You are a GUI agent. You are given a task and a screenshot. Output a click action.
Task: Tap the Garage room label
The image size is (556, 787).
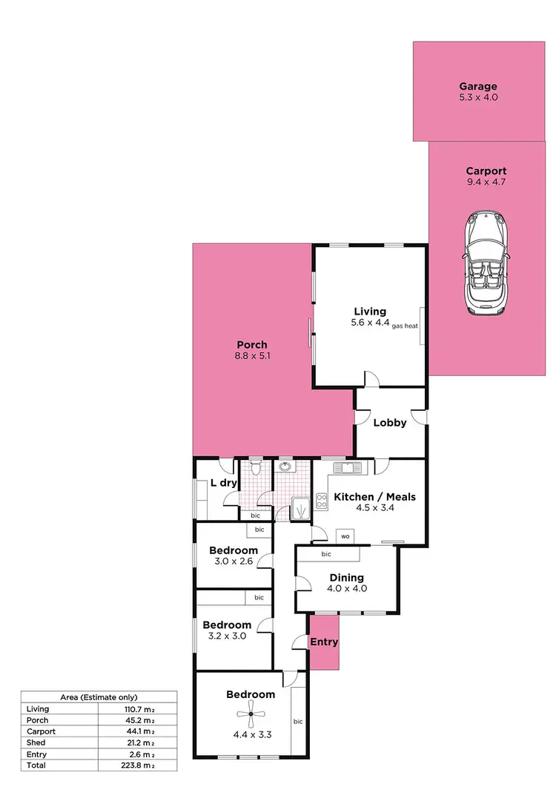pyautogui.click(x=477, y=86)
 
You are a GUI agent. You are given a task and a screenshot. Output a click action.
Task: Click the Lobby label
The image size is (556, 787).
pyautogui.click(x=389, y=423)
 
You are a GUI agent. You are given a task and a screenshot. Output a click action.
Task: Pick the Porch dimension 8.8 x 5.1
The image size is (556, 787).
pyautogui.click(x=251, y=356)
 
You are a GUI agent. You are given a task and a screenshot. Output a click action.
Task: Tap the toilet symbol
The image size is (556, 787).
pyautogui.click(x=256, y=468)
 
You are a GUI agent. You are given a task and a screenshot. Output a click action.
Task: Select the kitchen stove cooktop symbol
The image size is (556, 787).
pyautogui.click(x=322, y=501)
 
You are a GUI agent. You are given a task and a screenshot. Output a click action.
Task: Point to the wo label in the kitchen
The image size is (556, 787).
pyautogui.click(x=345, y=536)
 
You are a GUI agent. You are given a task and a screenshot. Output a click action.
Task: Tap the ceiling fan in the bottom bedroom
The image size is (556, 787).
pyautogui.click(x=251, y=717)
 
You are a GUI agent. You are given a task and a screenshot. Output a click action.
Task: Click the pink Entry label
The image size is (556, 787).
pyautogui.click(x=324, y=642)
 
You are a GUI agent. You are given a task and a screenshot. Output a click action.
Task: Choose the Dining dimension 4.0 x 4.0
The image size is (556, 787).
pyautogui.click(x=346, y=589)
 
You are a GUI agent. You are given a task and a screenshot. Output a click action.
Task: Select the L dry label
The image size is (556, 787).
pyautogui.click(x=223, y=483)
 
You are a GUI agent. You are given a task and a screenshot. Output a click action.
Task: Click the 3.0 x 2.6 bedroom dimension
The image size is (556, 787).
pyautogui.click(x=233, y=562)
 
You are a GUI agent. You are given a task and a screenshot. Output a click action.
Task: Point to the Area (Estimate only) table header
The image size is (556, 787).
pyautogui.click(x=99, y=697)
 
